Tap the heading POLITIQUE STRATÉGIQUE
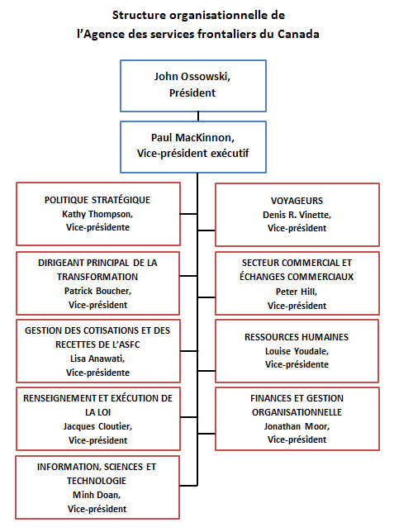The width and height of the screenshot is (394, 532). click(98, 200)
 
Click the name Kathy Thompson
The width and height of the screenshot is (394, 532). click(98, 213)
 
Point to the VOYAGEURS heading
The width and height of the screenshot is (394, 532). click(296, 200)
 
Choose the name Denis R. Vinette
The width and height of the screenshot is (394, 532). click(296, 213)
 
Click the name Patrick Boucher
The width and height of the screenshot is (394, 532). click(98, 290)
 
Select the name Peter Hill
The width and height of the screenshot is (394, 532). click(296, 292)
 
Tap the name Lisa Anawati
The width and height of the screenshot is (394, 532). click(98, 359)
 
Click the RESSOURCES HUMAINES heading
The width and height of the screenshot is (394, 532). click(296, 337)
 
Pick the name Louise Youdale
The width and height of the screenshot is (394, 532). click(296, 350)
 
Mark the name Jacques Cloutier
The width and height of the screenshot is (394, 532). click(98, 426)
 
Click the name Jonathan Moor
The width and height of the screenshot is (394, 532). click(296, 426)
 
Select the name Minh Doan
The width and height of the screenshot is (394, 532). click(98, 494)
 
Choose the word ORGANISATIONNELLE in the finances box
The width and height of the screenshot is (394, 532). click(296, 411)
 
